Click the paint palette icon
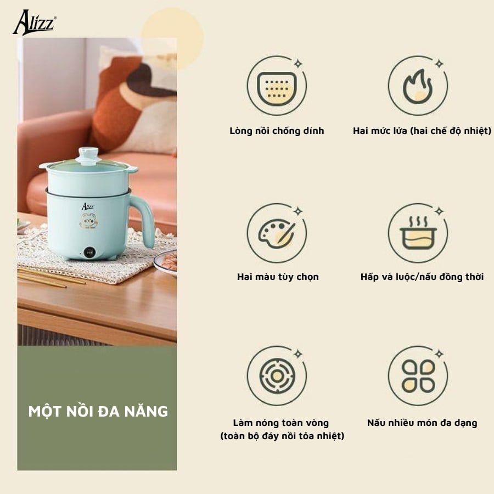click(277, 233)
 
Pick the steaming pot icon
click(418, 233)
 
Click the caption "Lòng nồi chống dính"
click(277, 131)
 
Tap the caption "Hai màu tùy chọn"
click(278, 277)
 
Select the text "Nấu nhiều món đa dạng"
click(422, 423)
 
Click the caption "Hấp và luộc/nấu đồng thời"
click(422, 277)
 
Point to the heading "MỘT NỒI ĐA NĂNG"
click(98, 411)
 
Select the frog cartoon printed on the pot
click(88, 222)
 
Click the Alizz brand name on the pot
click(88, 206)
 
